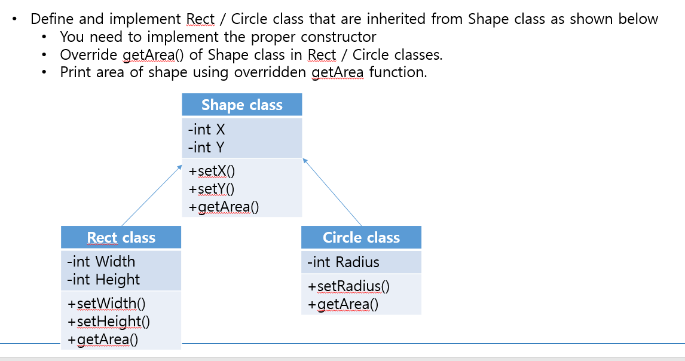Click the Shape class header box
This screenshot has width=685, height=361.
pos(241,105)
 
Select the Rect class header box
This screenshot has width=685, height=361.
pos(121,238)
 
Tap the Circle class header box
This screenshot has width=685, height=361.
pos(361,238)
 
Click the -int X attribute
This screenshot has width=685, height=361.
pos(206,129)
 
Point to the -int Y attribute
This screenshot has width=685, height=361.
pos(206,147)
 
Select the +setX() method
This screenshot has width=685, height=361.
pos(212,172)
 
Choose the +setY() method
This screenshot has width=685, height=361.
pos(212,189)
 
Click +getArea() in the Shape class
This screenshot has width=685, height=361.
pos(224,207)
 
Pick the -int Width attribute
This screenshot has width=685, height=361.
pos(101,262)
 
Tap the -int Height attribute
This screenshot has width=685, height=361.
pos(103,280)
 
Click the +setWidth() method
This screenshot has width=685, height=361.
pos(106,304)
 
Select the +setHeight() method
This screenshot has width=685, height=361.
pos(109,322)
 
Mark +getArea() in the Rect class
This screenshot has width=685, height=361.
pos(103,340)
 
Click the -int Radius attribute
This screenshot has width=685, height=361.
pos(343,262)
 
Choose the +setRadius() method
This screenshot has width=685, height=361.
pos(348,287)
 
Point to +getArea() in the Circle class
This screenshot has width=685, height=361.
pos(343,305)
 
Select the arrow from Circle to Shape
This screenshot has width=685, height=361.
pos(332,192)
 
